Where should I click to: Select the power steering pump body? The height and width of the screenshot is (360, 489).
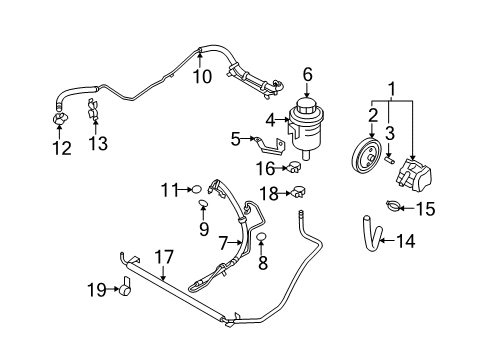(x=414, y=178)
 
